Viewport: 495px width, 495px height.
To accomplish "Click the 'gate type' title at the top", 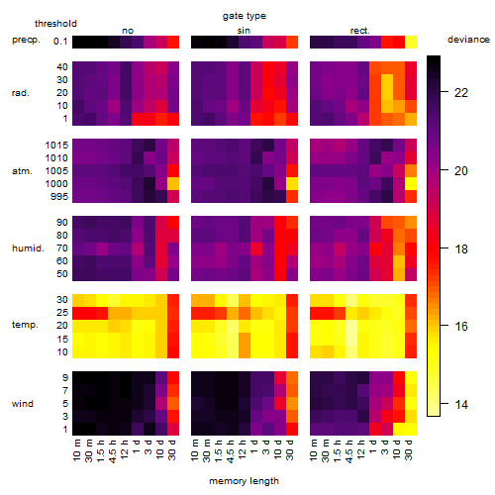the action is coord(245,16).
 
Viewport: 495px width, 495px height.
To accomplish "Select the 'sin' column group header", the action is coord(244,31).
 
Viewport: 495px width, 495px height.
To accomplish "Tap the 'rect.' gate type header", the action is coord(360,31).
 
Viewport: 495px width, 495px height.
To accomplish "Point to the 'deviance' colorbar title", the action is coord(468,40).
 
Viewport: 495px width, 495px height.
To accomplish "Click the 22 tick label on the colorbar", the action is coord(461,93).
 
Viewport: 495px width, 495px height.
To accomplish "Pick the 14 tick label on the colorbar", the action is coord(461,405).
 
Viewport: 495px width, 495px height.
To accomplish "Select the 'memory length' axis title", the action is coord(245,481).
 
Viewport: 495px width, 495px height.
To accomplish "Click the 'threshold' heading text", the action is coord(55,24).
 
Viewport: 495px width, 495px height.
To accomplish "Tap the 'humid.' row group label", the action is coord(28,248).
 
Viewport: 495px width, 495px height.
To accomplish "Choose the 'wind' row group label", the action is coord(23,404).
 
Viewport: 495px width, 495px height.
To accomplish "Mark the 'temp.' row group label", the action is coord(25,325).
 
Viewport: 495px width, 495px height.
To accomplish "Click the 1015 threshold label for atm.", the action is coord(56,146).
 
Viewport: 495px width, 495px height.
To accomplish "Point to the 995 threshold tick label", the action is coord(59,197).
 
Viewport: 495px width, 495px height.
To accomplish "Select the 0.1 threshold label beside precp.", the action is coord(60,42).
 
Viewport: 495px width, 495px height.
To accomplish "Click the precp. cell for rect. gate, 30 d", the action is coord(411,43).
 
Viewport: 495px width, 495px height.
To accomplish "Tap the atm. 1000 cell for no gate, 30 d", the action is coord(173,184).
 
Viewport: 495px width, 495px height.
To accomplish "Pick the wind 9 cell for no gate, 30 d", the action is coord(173,378).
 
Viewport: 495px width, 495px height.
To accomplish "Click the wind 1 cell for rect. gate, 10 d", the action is coord(399,429).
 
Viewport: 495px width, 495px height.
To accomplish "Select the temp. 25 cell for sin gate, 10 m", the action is coord(197,313).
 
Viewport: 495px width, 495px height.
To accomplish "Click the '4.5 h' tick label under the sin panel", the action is coord(231,451).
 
